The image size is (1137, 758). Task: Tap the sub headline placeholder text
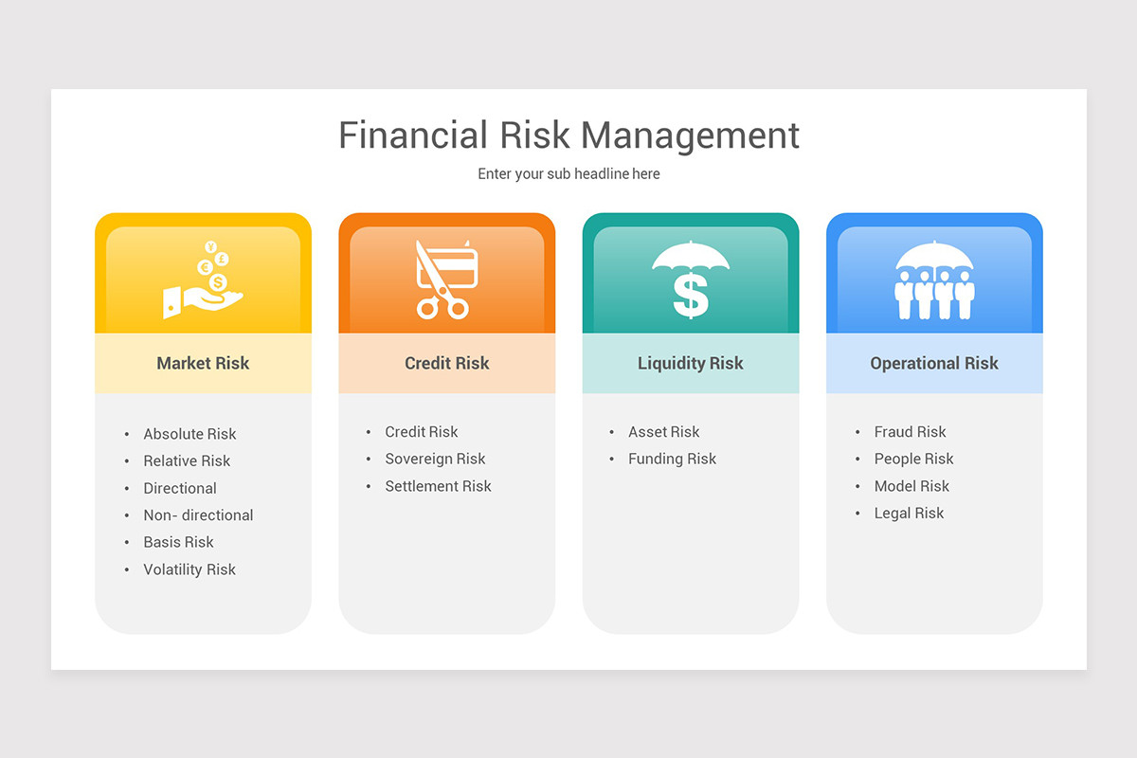point(568,174)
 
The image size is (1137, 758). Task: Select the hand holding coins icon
point(204,280)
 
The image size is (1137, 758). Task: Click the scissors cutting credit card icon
point(445,280)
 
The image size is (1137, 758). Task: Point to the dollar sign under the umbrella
point(691,295)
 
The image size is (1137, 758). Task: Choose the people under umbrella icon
point(934,281)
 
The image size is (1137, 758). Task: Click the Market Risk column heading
point(203,363)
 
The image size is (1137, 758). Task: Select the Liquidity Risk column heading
point(691,363)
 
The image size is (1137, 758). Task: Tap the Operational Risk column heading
point(934,363)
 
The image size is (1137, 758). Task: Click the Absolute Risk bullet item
point(189,434)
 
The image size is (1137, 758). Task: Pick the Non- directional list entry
point(198,515)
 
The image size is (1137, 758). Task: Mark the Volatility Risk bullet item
point(189,569)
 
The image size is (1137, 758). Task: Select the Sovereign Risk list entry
point(435,459)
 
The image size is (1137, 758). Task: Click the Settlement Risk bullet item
point(438,486)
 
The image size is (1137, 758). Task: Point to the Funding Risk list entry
point(672,459)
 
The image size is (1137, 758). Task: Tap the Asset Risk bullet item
point(663,432)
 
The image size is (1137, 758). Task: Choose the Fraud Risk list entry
point(910,432)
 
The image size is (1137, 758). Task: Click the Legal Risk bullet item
point(909,514)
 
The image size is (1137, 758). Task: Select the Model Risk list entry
point(911,486)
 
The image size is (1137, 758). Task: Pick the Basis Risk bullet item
point(178,542)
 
